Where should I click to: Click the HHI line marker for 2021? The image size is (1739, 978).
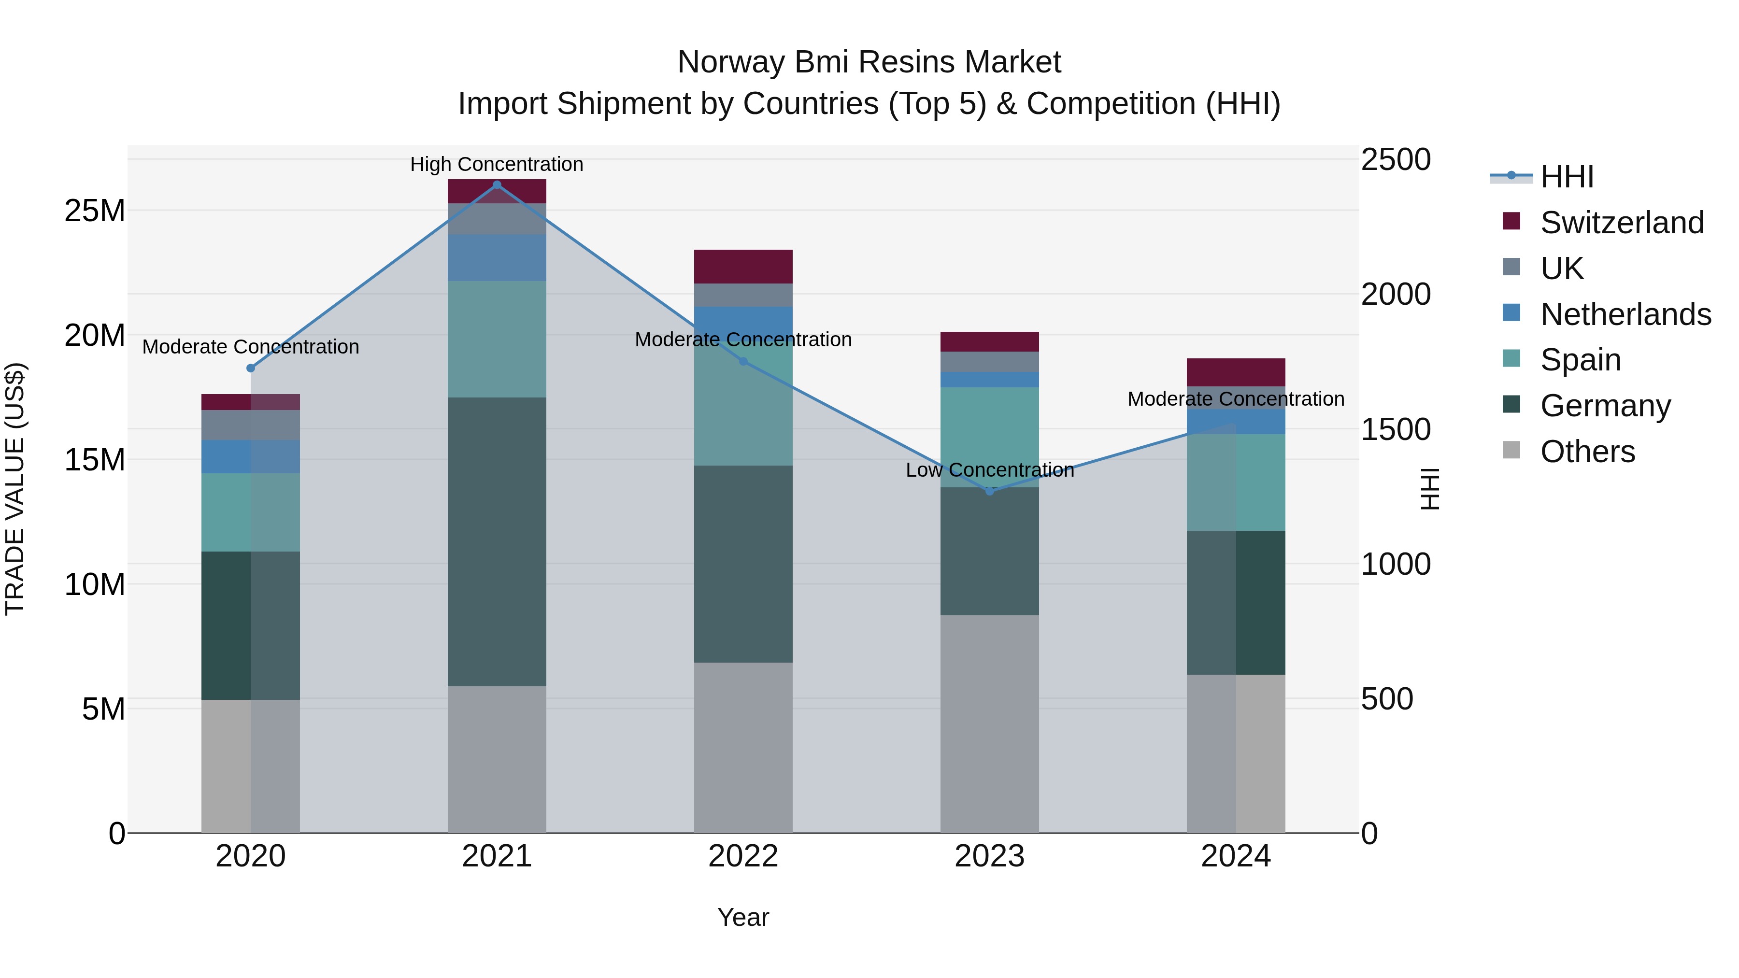point(497,185)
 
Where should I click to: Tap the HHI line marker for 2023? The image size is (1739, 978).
point(990,491)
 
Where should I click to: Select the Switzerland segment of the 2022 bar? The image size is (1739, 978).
point(743,267)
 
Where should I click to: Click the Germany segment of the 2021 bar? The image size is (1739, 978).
point(497,541)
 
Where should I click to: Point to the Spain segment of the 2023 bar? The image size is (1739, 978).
point(990,438)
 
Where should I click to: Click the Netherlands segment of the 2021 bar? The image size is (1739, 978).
point(497,258)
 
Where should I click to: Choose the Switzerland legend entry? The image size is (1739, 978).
point(1622,223)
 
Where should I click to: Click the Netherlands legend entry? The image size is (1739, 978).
point(1625,314)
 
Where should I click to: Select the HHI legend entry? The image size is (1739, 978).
point(1566,177)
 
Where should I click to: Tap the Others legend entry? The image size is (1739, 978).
point(1587,452)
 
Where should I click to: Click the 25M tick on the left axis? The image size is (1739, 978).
point(95,211)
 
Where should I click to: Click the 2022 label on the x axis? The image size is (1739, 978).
point(743,856)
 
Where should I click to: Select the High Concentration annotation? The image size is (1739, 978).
point(497,164)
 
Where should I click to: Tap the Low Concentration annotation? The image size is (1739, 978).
point(990,470)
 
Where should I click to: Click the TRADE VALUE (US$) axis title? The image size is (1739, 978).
point(15,489)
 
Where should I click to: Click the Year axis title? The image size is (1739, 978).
point(743,917)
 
